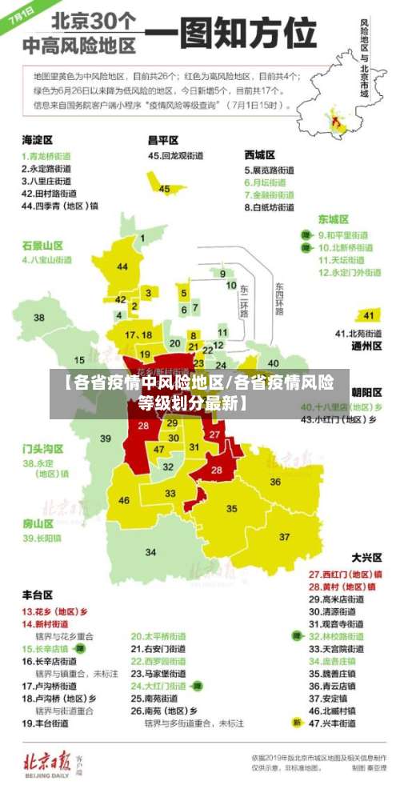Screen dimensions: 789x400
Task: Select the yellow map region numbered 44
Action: coord(122,266)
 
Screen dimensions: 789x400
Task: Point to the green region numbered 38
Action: coord(38,318)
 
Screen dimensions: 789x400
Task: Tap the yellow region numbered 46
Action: coord(124,500)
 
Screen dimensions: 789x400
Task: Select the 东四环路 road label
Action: coord(279,299)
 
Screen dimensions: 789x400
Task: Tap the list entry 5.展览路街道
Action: coord(270,170)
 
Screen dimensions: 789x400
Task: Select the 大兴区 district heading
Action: coord(366,557)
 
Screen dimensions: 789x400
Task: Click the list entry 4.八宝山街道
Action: coord(48,260)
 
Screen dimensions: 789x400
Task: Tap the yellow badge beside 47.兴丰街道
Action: coord(297,723)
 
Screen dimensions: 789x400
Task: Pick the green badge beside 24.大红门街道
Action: coord(197,686)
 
